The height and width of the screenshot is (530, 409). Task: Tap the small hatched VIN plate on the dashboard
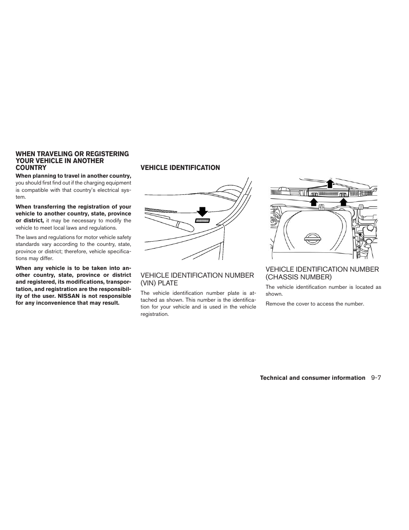[203, 221]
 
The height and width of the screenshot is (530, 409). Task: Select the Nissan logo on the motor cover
[312, 239]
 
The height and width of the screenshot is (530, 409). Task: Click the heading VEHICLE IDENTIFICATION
[180, 168]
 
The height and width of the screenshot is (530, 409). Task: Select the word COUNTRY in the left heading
[31, 168]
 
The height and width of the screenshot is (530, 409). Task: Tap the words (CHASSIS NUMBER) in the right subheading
[298, 277]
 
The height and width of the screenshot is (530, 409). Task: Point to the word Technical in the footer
[273, 378]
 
